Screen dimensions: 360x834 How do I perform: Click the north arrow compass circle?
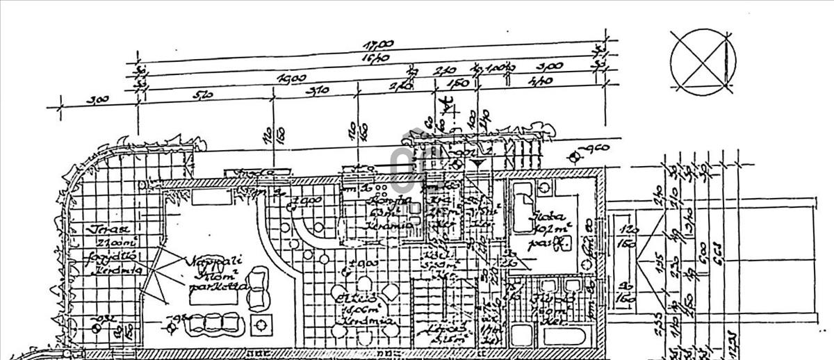coord(702,61)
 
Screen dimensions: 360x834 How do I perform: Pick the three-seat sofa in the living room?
coord(211,323)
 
